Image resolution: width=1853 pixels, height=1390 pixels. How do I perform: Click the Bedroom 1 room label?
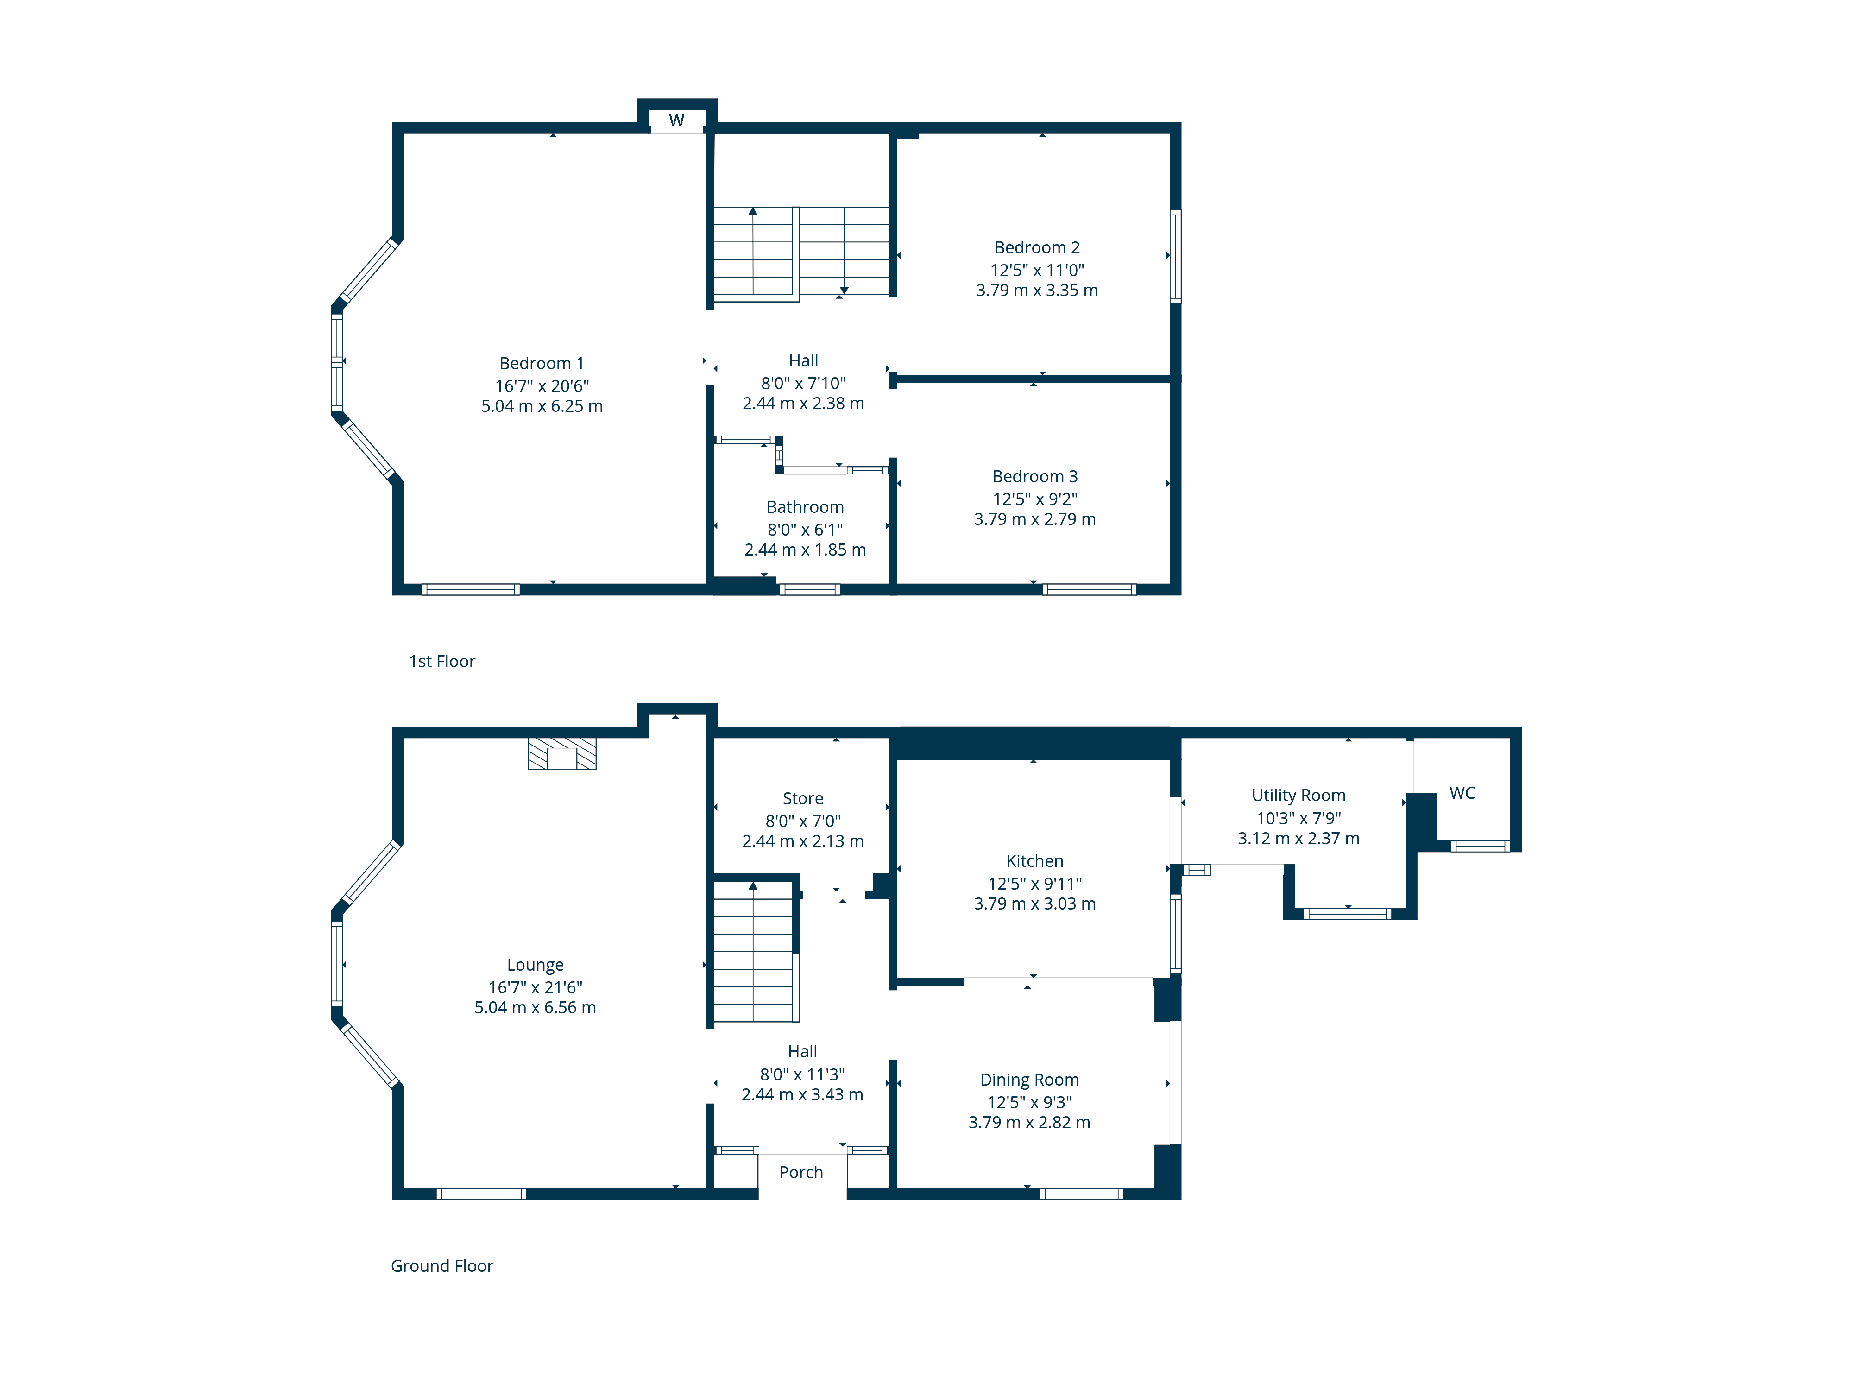tap(541, 363)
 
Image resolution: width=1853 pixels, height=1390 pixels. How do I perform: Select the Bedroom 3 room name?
tap(1034, 476)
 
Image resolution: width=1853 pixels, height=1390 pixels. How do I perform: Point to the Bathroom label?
tap(805, 507)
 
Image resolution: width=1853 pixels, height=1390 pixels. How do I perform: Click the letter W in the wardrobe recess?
tap(677, 120)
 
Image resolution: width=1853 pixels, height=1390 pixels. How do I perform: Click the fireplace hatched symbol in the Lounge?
tap(561, 753)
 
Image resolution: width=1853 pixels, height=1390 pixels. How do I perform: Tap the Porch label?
tap(801, 1172)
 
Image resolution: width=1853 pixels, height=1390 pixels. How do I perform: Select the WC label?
tap(1462, 793)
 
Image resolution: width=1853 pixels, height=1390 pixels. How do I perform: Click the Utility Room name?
tap(1298, 795)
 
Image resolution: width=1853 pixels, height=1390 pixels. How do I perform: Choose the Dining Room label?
tap(1029, 1079)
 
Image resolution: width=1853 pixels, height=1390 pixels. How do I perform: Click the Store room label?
tap(802, 798)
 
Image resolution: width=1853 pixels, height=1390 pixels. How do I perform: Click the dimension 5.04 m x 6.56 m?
tap(536, 1007)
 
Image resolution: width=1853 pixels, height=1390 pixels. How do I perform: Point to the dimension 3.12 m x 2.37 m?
tap(1298, 838)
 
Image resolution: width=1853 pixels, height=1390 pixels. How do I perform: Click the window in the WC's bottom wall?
tap(1480, 846)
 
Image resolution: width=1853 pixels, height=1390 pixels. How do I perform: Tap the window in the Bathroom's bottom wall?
tap(809, 589)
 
